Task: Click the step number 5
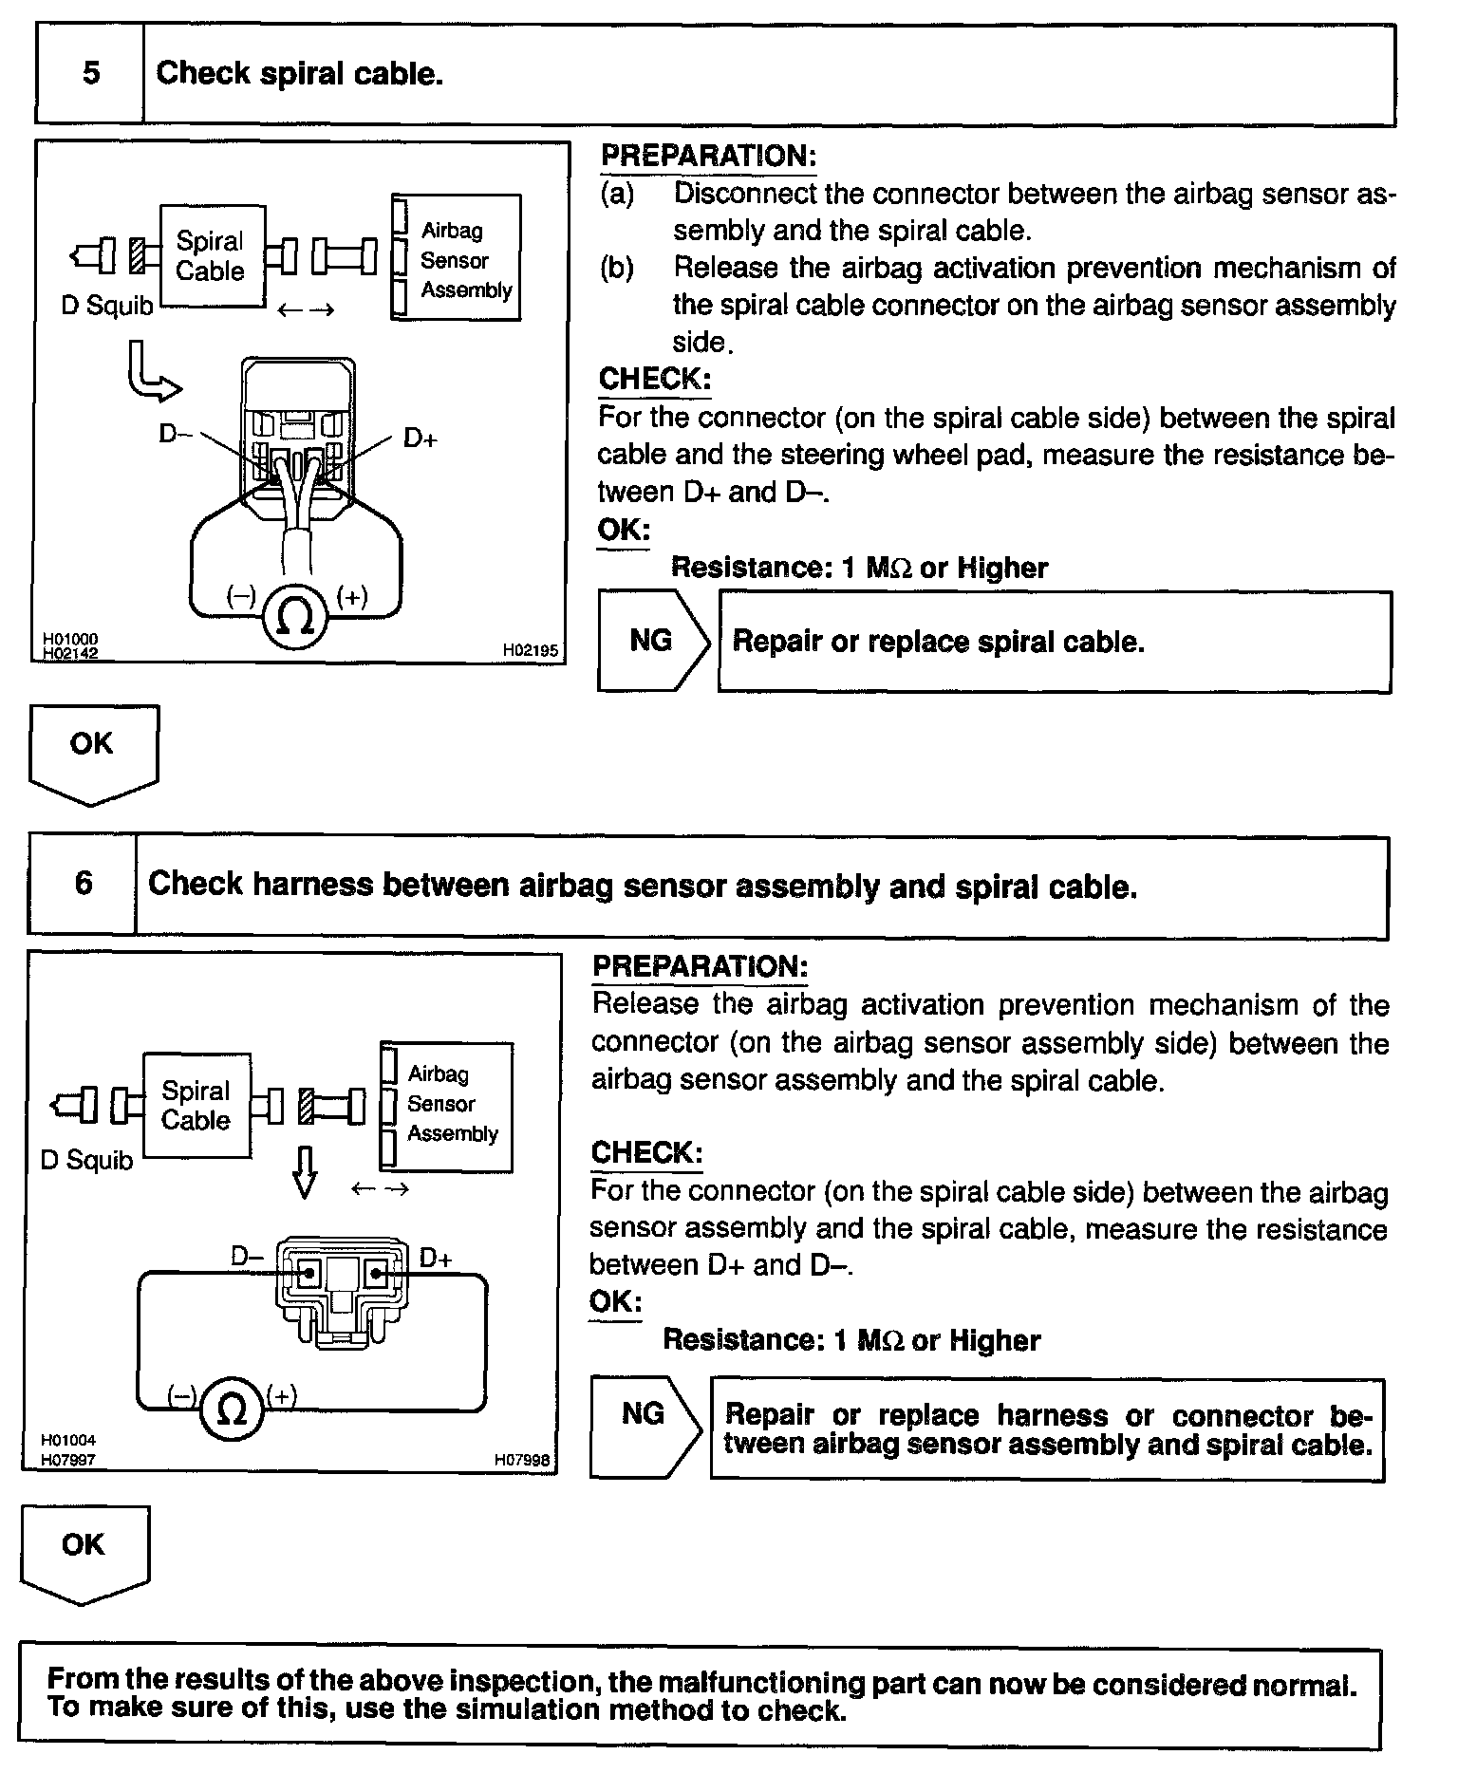point(90,73)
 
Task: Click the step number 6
point(84,884)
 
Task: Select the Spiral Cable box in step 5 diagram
point(211,256)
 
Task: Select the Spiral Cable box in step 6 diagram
point(196,1105)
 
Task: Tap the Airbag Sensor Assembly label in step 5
point(465,260)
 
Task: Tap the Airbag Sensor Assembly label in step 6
point(452,1104)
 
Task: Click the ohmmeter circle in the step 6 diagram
point(232,1409)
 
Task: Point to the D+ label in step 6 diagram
point(436,1259)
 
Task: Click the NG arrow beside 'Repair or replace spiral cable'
point(652,642)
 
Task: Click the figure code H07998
point(521,1460)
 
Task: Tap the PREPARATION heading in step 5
point(708,157)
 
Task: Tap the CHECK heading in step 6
point(646,1153)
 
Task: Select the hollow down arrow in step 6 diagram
point(304,1172)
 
